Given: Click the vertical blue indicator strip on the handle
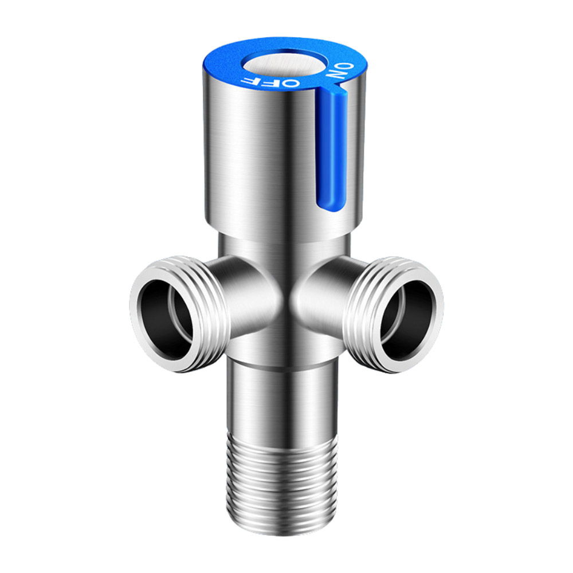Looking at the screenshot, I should (x=329, y=149).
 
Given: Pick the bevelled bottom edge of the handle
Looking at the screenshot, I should (x=275, y=229).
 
